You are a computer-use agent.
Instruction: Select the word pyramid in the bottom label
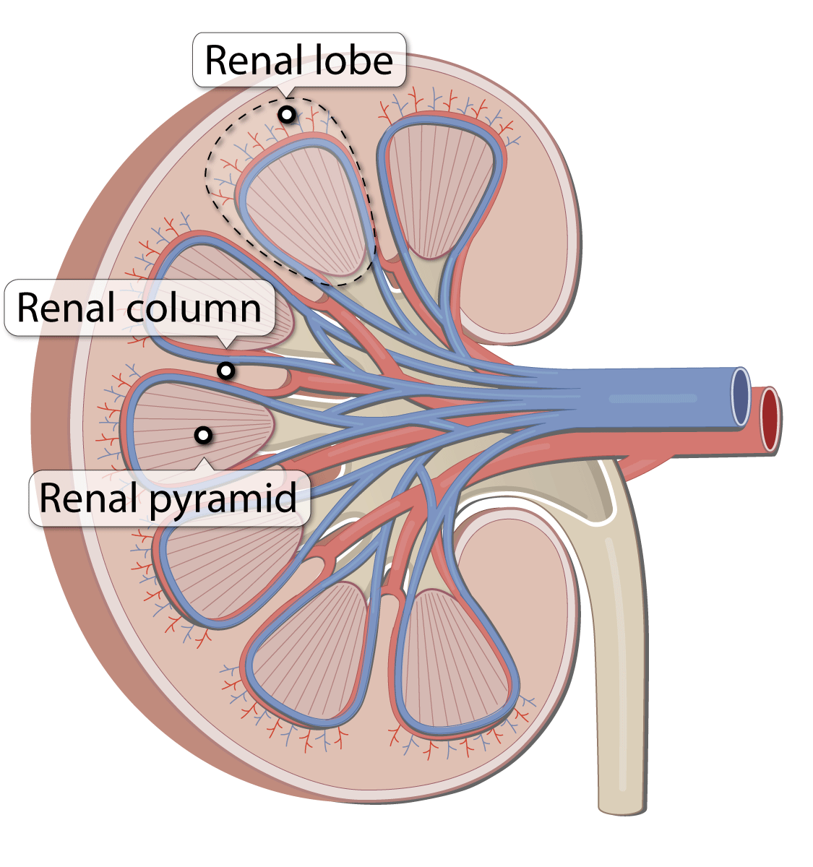click(x=222, y=499)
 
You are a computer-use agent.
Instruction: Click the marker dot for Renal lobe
click(x=288, y=114)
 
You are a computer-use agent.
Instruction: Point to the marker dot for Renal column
click(x=226, y=371)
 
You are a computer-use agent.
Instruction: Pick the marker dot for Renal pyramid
click(x=204, y=435)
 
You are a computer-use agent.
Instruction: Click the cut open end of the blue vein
click(x=740, y=396)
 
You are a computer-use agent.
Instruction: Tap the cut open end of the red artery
click(x=770, y=419)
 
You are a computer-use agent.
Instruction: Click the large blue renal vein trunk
click(x=650, y=397)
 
